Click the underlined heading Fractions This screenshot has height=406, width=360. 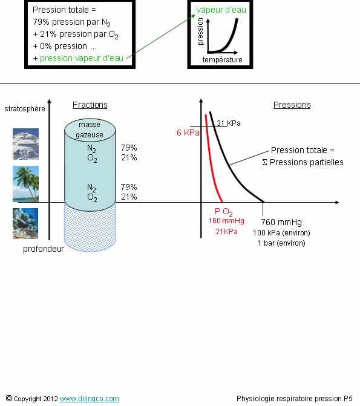(90, 105)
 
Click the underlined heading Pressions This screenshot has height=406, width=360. (292, 105)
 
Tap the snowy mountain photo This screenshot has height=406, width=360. (25, 144)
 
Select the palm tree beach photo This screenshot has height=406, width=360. (25, 184)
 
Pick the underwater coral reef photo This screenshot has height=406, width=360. (25, 223)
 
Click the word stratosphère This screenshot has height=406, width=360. (25, 108)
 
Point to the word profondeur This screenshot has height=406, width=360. (44, 249)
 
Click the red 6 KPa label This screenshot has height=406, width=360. (188, 133)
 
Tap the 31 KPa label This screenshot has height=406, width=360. (229, 123)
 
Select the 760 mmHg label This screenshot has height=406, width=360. (281, 222)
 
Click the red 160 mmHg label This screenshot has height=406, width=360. (226, 221)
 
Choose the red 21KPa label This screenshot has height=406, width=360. (226, 232)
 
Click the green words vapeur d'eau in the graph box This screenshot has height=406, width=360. (221, 10)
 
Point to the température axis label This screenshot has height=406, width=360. (223, 60)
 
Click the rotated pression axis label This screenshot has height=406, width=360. (200, 31)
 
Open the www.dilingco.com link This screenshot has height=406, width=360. (90, 399)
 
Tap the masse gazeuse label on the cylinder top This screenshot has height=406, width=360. (90, 129)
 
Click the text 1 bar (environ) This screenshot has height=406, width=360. (281, 243)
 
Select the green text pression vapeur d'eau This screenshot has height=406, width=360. (82, 58)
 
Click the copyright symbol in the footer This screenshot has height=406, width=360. (9, 398)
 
